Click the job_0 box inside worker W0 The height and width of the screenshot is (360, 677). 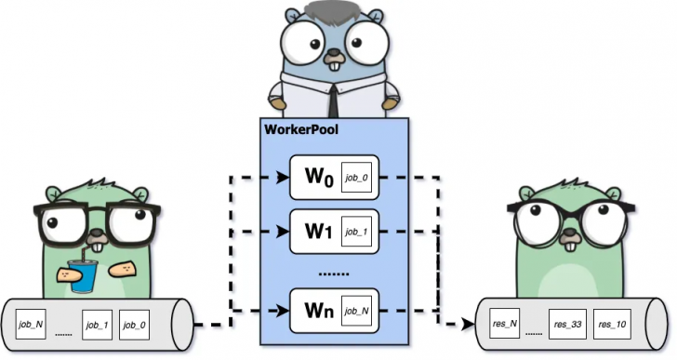coord(357,177)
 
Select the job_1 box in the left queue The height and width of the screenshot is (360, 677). coord(98,325)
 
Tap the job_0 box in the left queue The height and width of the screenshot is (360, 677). coord(137,325)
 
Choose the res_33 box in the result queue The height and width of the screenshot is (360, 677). coord(566,325)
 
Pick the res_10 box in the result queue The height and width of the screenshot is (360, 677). coord(611,325)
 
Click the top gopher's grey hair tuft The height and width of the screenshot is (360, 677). coord(333,13)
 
